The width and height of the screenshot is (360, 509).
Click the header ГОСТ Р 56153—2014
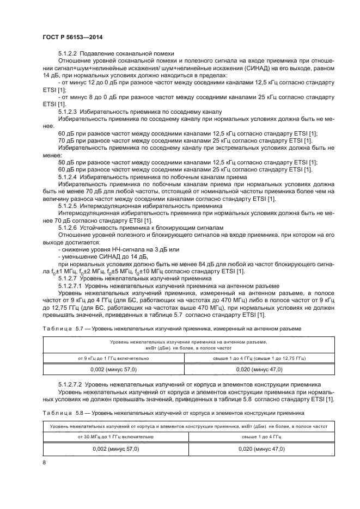coord(72,36)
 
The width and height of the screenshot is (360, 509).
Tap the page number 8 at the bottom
coord(44,462)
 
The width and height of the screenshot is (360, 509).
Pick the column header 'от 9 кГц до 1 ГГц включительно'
coord(115,357)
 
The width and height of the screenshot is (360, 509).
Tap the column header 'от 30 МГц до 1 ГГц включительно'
coord(115,437)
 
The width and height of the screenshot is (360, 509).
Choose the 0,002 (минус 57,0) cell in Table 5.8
coord(115,449)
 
